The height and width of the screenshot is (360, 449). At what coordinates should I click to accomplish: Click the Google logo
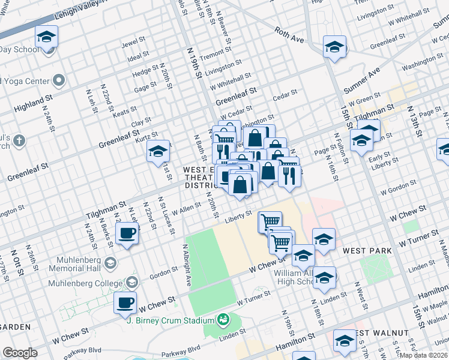tap(20, 353)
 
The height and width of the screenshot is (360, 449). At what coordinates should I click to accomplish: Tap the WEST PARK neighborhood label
tap(367, 250)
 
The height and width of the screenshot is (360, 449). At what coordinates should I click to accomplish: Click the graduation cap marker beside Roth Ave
tap(335, 46)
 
